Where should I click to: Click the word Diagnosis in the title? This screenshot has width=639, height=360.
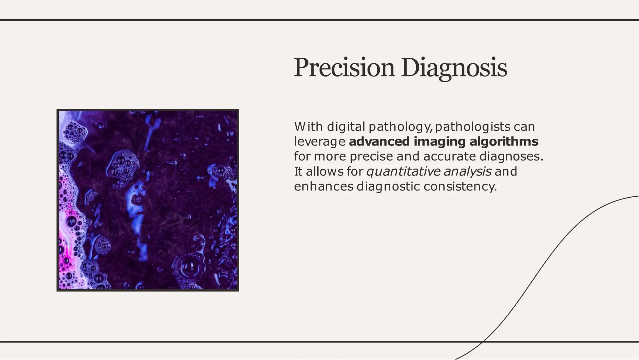[454, 68]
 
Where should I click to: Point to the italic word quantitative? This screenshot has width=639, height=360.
[403, 171]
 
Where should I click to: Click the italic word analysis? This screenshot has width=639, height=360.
[467, 171]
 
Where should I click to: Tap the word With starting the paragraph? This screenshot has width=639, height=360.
[308, 127]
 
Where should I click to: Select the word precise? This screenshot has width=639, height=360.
[371, 156]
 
